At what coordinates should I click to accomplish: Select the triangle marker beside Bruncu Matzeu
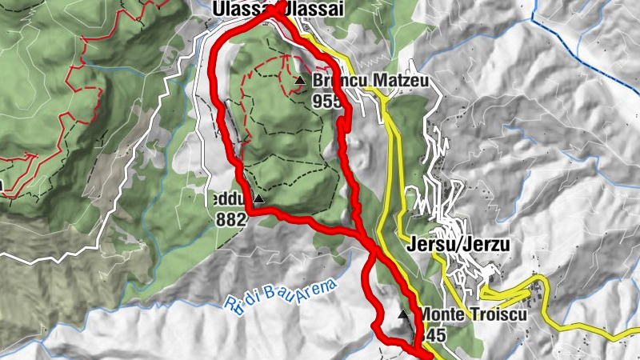click(x=300, y=80)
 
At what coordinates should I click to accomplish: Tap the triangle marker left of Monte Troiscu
click(x=402, y=314)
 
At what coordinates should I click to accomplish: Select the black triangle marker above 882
click(x=258, y=198)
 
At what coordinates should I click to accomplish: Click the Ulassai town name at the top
click(x=280, y=7)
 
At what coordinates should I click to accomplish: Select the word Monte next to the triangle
click(x=440, y=314)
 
